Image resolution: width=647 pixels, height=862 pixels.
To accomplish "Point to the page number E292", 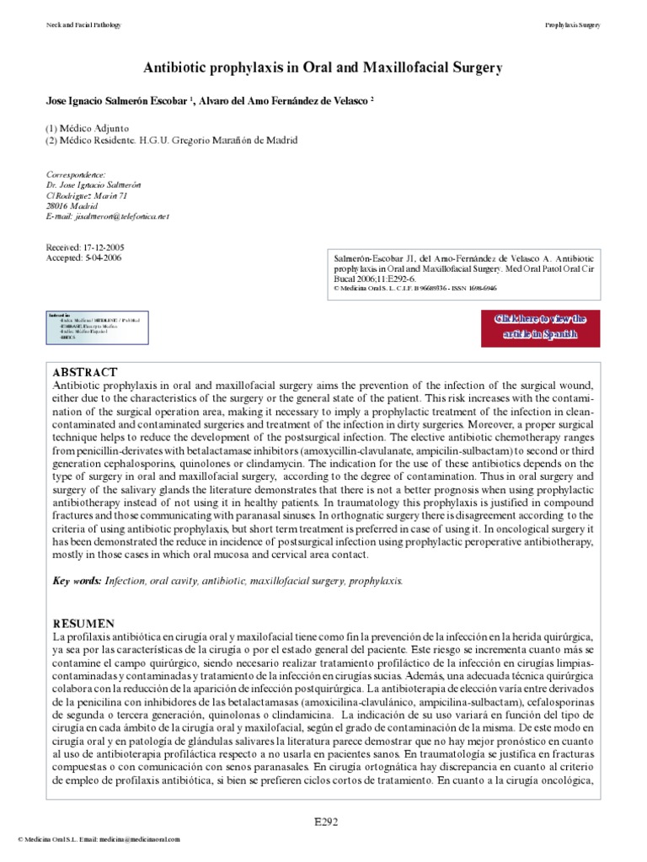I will [x=323, y=822].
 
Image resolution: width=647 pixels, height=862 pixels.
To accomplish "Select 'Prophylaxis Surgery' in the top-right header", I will [x=573, y=25].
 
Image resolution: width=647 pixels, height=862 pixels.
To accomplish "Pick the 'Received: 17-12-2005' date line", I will [x=84, y=247].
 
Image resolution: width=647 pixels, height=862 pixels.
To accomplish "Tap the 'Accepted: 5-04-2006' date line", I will [x=83, y=258].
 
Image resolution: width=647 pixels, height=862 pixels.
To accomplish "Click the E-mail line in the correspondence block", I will [x=107, y=216].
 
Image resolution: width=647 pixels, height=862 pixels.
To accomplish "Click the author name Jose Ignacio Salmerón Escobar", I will [x=117, y=100].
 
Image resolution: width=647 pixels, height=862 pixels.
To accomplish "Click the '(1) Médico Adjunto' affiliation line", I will [x=88, y=127].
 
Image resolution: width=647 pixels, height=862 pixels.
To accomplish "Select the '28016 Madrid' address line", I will [x=72, y=205].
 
